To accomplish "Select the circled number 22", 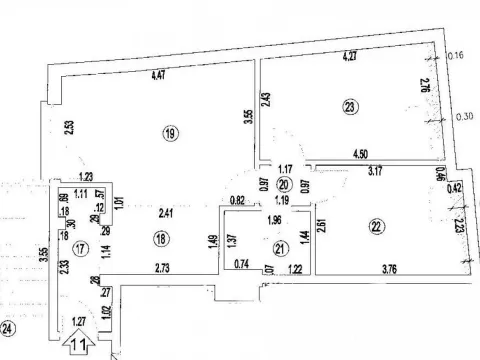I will coord(376,227).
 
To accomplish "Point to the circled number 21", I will coord(280,249).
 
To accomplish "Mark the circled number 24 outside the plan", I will coord(9,327).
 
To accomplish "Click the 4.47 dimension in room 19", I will coord(146,73).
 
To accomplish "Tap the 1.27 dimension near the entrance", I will coord(81,320).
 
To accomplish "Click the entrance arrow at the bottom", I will coord(80,344).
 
